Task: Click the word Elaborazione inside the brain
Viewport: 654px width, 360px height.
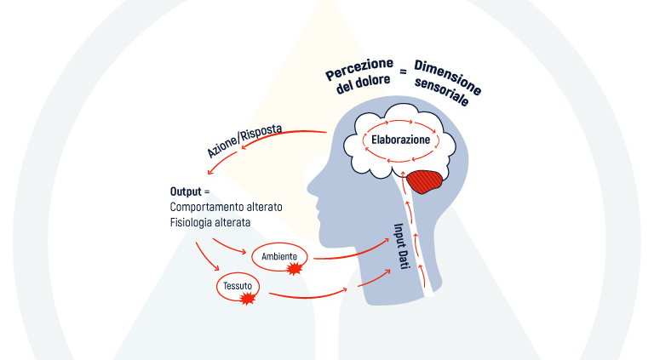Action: point(400,139)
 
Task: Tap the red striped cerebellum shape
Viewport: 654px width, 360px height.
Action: point(426,181)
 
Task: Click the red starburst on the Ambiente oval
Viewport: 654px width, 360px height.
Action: point(295,269)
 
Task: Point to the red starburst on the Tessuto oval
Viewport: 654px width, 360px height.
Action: point(249,299)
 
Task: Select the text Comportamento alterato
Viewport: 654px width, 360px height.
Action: point(226,207)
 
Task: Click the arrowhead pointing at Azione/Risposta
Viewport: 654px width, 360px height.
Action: point(244,150)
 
